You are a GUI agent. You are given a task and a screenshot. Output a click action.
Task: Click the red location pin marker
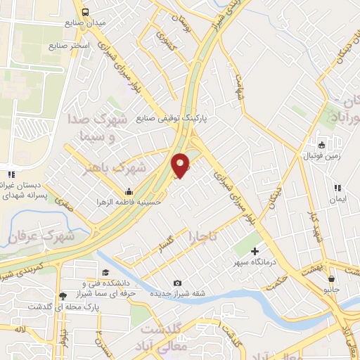click(181, 166)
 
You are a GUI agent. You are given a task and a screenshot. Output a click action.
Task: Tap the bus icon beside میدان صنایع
click(85, 12)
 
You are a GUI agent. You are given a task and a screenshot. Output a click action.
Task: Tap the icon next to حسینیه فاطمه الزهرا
click(129, 191)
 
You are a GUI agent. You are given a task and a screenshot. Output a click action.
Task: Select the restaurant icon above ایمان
click(338, 188)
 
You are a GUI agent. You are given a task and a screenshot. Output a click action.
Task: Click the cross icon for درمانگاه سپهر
click(255, 251)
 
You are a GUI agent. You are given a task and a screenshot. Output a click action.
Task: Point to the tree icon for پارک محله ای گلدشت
click(63, 296)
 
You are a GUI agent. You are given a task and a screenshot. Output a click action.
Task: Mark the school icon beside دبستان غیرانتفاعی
click(9, 174)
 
